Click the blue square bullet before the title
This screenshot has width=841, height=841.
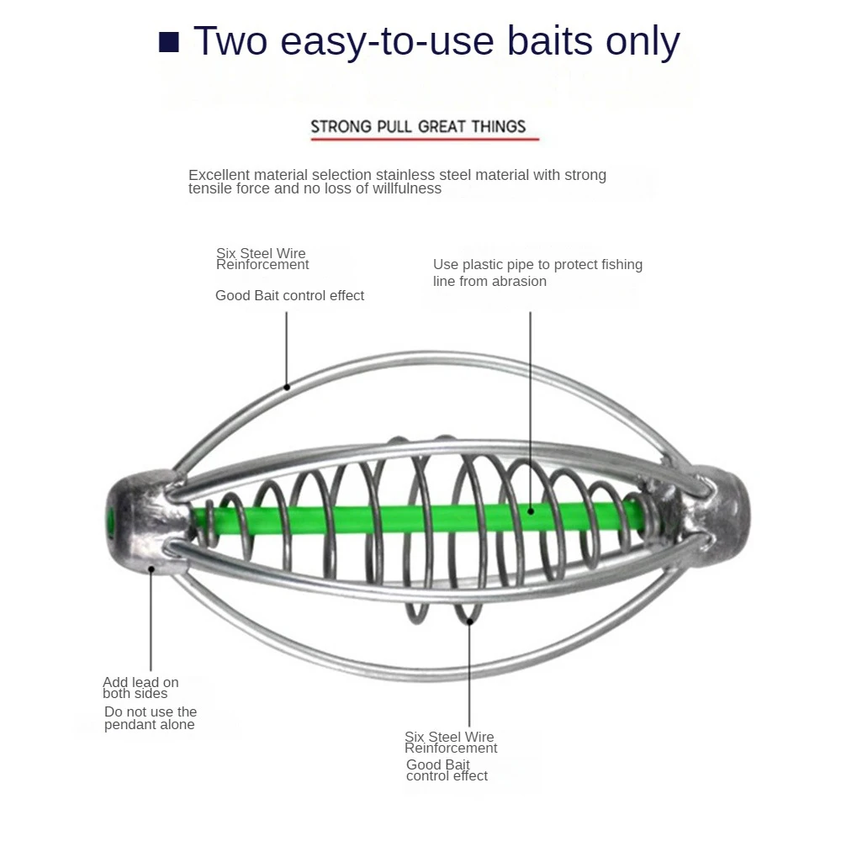click(169, 42)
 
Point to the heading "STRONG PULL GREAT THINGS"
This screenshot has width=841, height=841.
click(418, 127)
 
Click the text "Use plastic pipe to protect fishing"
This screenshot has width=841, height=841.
click(537, 265)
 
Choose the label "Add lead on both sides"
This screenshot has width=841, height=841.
click(140, 688)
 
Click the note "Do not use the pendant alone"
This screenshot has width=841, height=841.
click(150, 718)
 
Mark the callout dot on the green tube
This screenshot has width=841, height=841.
click(531, 509)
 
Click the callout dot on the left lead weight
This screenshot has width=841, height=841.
click(152, 569)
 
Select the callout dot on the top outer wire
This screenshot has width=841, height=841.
click(287, 387)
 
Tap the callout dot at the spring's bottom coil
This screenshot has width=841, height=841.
click(470, 621)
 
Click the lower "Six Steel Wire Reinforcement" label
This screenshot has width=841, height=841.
click(450, 743)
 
